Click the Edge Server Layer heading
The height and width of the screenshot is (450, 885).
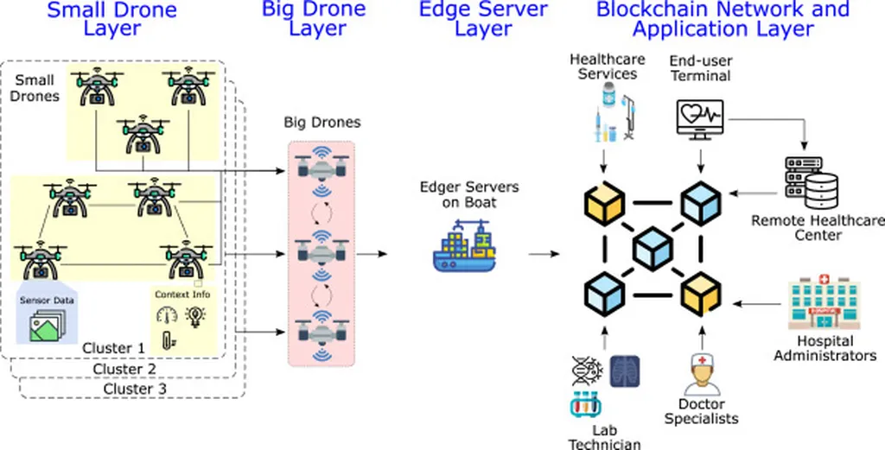coord(483,19)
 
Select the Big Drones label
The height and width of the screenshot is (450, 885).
coord(322,123)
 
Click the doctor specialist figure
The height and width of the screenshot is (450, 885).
coord(702,375)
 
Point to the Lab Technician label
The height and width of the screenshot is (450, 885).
coord(604,436)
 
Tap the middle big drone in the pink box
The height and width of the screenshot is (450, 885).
coord(321,248)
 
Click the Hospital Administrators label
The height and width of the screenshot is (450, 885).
coord(825,348)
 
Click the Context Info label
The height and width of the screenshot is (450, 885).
coord(182,295)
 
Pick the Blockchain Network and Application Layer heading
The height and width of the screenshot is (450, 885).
coord(723,19)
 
